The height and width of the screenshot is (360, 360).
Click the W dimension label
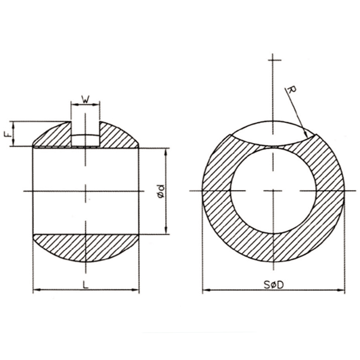point(85,100)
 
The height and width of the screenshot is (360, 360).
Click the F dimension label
point(8,134)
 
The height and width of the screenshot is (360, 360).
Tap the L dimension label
point(85,285)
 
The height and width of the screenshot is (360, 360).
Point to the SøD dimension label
point(274,285)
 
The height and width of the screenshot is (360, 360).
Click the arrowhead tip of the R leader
point(307,138)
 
